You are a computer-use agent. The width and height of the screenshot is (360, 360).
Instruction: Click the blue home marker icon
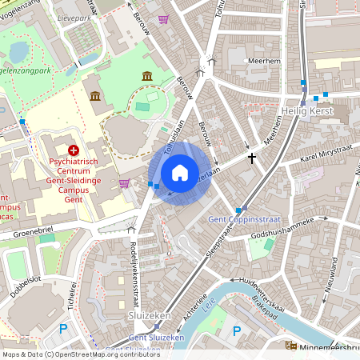180,173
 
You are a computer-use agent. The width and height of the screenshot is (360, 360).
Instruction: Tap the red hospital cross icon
74,150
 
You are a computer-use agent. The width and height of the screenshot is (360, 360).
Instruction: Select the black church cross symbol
252,158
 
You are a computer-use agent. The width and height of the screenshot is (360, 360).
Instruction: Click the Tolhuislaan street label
174,137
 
